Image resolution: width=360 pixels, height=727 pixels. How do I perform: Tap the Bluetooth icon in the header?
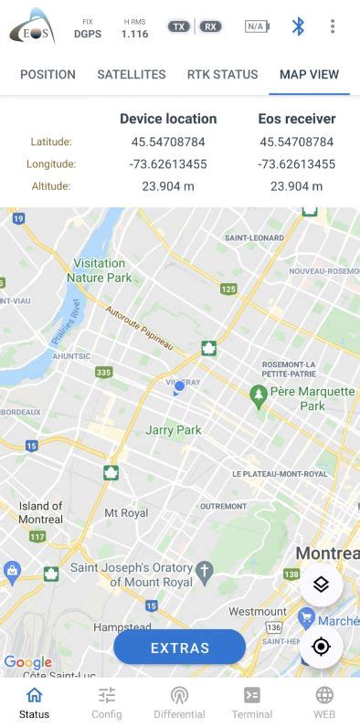click(298, 26)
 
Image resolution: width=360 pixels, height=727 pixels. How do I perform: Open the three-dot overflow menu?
click(333, 26)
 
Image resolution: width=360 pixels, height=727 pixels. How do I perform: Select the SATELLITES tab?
click(132, 75)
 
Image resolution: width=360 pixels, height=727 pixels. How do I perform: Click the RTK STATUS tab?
click(223, 75)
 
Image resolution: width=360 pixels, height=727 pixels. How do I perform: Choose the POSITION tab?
click(48, 75)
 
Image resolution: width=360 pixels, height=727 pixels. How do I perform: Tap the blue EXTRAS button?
click(180, 648)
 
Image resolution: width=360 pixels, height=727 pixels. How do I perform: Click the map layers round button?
click(321, 585)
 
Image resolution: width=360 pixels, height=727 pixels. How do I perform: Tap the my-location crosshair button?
click(321, 647)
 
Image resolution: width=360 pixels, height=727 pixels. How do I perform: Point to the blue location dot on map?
click(179, 386)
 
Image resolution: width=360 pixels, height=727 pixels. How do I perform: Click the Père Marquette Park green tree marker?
click(259, 394)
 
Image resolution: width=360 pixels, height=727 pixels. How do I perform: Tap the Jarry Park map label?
click(174, 430)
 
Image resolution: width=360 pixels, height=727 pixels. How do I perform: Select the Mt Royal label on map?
click(126, 513)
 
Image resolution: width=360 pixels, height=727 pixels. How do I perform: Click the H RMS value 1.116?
click(134, 34)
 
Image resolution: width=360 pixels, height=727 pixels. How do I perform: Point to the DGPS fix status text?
click(88, 34)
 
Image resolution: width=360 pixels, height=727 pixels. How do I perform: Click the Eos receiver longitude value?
click(297, 164)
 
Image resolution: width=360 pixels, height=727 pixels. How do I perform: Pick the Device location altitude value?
click(168, 186)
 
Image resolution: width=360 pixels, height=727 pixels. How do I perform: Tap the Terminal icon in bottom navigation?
click(251, 696)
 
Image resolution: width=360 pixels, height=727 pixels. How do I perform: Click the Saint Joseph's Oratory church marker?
click(205, 572)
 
